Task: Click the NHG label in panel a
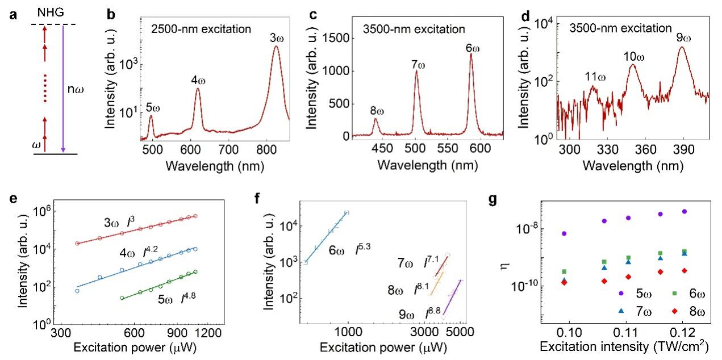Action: click(x=45, y=11)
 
